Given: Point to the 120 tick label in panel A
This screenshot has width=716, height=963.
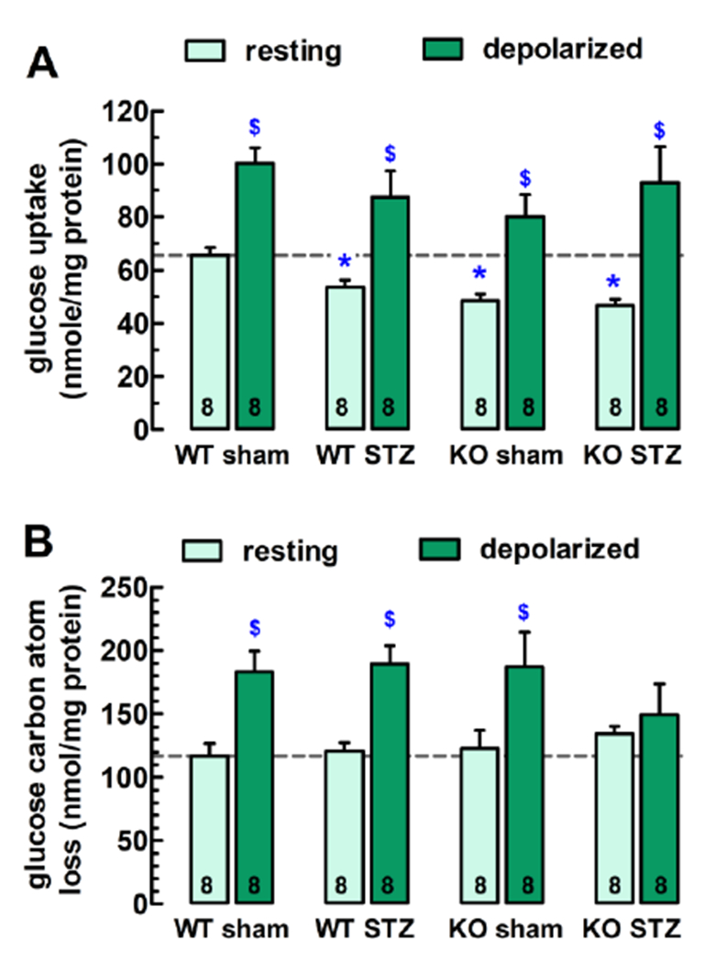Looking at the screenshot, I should click(x=126, y=112).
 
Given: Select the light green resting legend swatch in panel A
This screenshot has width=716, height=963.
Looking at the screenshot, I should click(x=212, y=51).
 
